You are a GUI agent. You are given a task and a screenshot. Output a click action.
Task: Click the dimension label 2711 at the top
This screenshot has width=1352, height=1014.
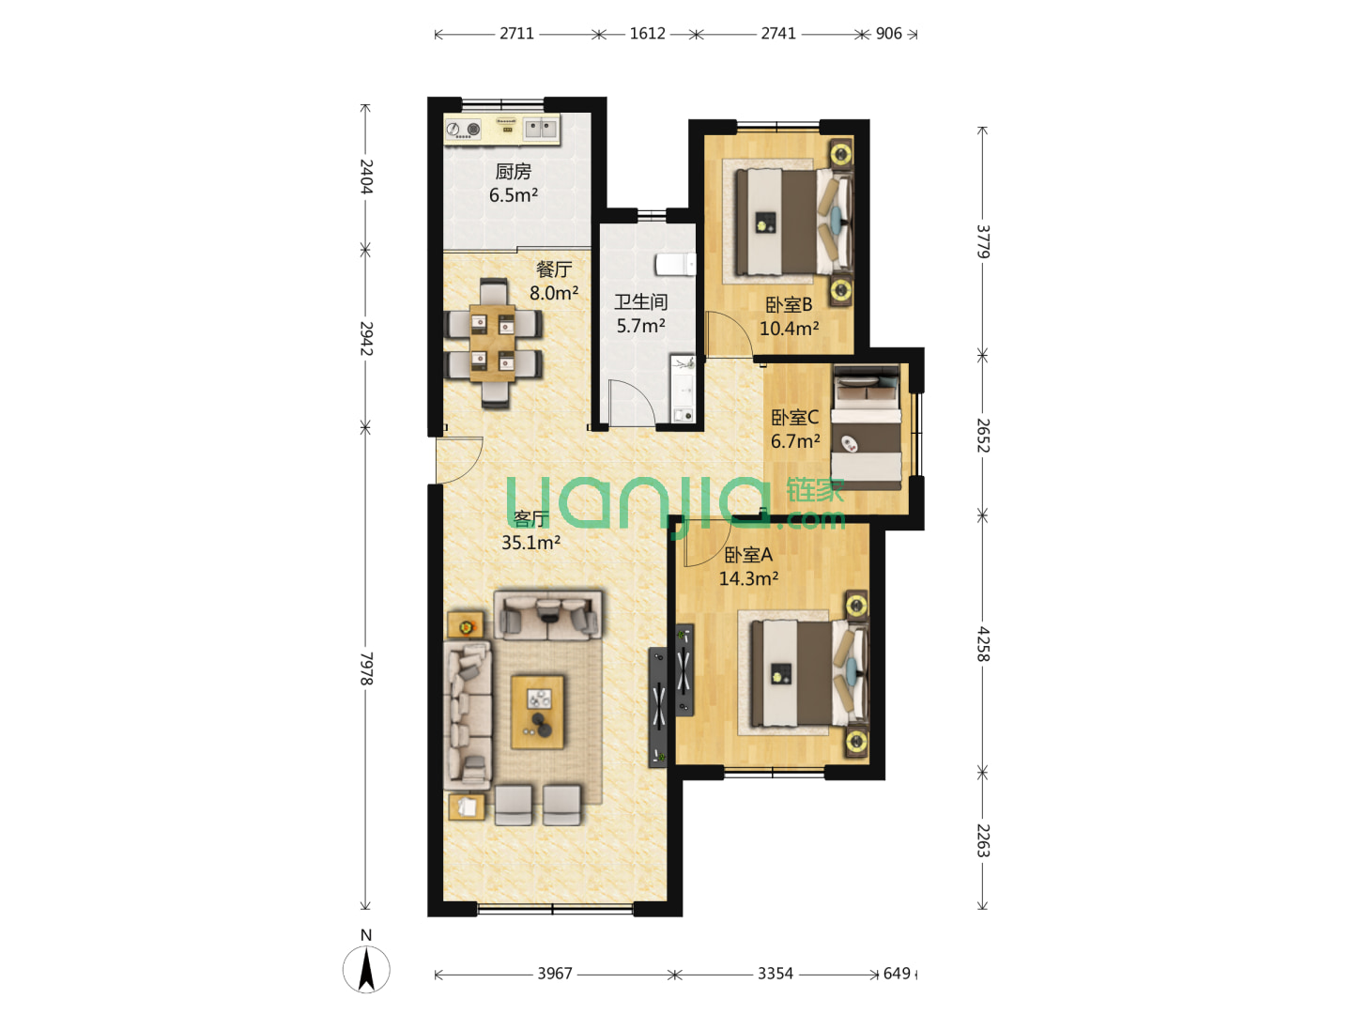coord(516,34)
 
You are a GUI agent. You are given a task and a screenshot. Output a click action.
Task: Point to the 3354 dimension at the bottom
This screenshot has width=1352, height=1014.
coord(775,974)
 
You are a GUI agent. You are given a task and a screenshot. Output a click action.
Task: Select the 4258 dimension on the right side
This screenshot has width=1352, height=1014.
coord(982,644)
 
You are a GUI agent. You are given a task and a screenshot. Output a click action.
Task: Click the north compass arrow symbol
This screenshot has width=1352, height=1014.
coord(366,970)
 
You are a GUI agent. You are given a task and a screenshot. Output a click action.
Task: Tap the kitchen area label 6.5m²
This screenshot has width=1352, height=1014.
coord(513,195)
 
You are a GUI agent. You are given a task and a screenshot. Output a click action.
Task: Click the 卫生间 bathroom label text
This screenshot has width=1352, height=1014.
coord(640,301)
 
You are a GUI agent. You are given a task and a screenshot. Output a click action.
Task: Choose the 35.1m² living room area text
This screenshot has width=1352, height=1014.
coord(531,543)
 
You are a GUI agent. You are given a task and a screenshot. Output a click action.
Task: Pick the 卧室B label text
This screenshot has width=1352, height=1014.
coord(789,304)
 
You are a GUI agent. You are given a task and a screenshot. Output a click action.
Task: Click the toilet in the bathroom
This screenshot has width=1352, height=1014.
coord(675,264)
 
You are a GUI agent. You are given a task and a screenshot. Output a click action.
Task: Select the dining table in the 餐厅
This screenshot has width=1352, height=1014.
coord(492,343)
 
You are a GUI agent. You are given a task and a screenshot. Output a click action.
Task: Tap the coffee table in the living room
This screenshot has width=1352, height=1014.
coord(538,712)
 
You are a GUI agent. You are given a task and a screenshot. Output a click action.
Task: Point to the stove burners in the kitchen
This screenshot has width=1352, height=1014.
coord(463,130)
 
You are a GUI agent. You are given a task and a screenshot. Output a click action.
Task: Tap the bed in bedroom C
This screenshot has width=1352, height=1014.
coord(866,428)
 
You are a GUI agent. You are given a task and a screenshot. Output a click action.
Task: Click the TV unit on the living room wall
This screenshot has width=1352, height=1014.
coord(658,707)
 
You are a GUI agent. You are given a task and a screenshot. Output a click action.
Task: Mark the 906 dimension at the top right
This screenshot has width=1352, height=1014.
coord(889,34)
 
